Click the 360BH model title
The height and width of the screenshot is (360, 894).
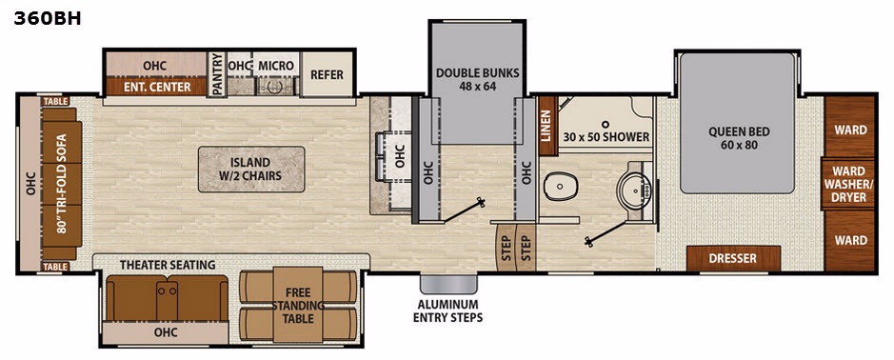[48, 19]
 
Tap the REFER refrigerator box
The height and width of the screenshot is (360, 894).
[328, 74]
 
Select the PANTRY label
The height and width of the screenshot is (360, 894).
[217, 74]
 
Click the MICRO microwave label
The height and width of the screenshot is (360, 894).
[276, 66]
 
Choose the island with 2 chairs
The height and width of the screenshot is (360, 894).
[250, 169]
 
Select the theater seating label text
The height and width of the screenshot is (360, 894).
[168, 265]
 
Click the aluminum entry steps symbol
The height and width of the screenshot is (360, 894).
[448, 284]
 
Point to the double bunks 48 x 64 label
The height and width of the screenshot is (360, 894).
[478, 79]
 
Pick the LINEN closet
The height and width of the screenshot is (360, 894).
[546, 126]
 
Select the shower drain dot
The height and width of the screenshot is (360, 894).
[606, 123]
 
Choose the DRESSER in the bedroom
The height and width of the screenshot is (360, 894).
[733, 258]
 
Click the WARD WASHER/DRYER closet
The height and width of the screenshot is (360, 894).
[849, 184]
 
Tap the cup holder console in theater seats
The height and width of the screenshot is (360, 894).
[167, 299]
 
